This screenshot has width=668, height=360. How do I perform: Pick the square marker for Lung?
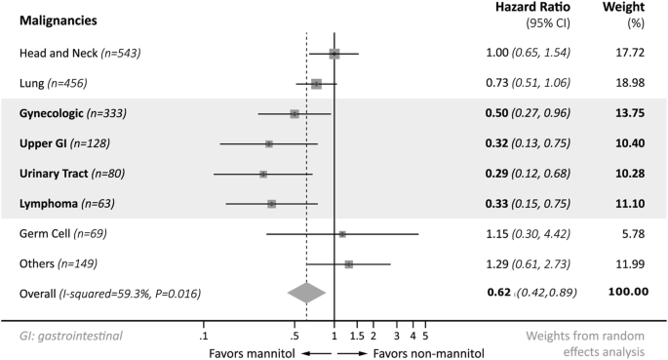[x=316, y=84]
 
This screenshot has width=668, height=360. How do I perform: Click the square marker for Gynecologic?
[x=295, y=114]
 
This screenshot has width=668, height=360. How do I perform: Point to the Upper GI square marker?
[x=269, y=144]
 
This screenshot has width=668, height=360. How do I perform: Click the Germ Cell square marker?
[x=342, y=234]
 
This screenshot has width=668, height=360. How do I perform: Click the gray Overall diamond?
[x=306, y=292]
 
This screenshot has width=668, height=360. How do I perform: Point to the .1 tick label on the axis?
[x=203, y=336]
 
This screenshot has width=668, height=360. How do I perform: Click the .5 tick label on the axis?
[x=294, y=336]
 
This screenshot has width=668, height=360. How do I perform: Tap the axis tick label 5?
[x=425, y=336]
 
